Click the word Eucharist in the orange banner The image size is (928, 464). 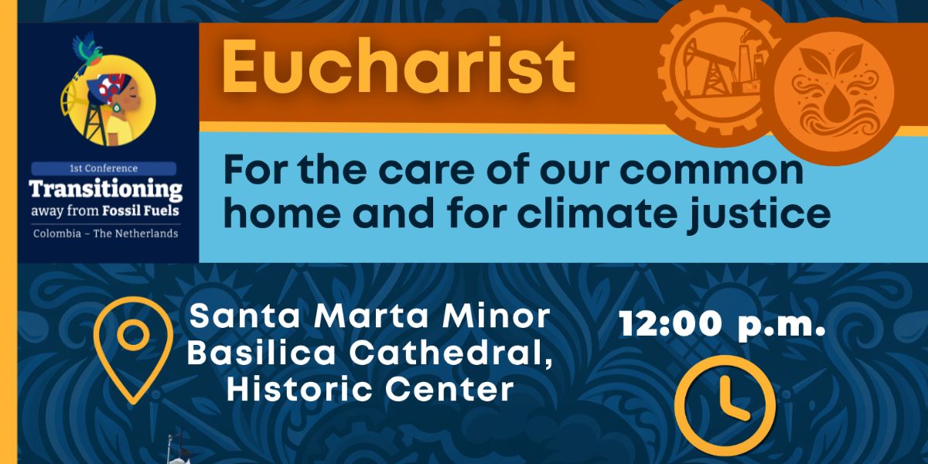tap(398, 67)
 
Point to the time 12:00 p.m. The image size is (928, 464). tap(722, 325)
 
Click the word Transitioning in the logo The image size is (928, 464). tap(106, 189)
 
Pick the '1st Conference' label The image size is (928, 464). tap(104, 169)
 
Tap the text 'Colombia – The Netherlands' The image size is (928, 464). tap(106, 234)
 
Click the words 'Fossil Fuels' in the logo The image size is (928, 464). tap(141, 211)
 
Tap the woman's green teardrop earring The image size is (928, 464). tap(118, 107)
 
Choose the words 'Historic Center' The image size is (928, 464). tap(370, 389)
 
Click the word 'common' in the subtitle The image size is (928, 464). tap(711, 172)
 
